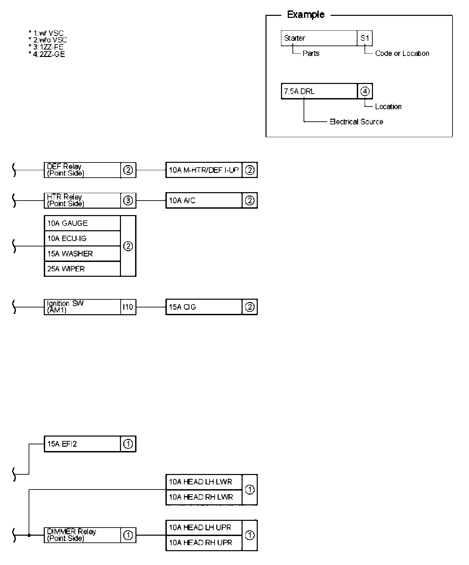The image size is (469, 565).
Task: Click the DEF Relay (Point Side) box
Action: [x=82, y=170]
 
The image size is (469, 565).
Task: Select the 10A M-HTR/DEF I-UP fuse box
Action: [x=204, y=170]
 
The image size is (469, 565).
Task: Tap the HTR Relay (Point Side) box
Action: [x=82, y=201]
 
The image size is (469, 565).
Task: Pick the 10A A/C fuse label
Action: [x=204, y=201]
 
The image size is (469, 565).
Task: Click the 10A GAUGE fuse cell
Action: [x=82, y=223]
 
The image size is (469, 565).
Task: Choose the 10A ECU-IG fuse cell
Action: [x=82, y=238]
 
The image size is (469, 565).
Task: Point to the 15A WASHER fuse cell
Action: [x=82, y=254]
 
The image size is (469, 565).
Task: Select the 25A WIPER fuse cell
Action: [x=82, y=269]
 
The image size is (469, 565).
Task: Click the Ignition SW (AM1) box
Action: [x=82, y=307]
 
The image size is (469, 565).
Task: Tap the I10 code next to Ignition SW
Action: [x=128, y=307]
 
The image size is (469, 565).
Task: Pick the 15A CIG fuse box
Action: [x=204, y=307]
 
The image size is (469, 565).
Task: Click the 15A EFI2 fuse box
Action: [x=82, y=444]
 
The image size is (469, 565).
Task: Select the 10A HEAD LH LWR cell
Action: [x=204, y=482]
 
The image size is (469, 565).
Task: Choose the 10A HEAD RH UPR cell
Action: [x=204, y=542]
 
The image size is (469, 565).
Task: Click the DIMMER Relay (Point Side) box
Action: [x=82, y=535]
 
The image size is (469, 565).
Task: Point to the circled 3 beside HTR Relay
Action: [x=128, y=201]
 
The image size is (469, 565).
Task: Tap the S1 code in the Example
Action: [x=365, y=38]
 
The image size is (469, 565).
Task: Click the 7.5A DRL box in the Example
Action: [x=319, y=91]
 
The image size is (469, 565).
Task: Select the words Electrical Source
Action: [x=356, y=122]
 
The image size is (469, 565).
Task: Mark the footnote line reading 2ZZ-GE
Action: [x=47, y=54]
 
